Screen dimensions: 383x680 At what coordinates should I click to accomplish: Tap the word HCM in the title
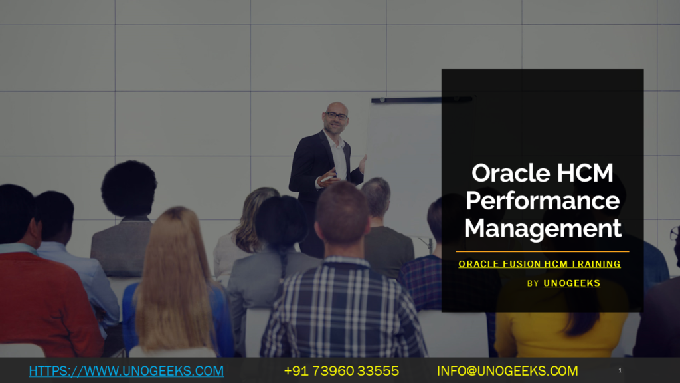(x=584, y=173)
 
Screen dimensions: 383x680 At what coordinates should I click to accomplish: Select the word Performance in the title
(x=543, y=201)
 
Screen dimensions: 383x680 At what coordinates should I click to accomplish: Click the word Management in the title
(x=543, y=228)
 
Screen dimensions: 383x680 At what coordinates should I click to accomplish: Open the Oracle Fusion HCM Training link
(x=539, y=264)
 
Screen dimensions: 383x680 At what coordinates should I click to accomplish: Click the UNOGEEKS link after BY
(x=572, y=283)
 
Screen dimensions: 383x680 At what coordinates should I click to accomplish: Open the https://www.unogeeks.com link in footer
(x=126, y=370)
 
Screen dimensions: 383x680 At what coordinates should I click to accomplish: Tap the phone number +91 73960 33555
(x=341, y=370)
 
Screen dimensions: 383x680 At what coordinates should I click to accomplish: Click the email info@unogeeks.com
(x=507, y=370)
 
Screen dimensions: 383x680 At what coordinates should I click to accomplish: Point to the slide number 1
(x=620, y=370)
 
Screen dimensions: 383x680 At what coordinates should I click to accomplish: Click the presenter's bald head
(x=336, y=108)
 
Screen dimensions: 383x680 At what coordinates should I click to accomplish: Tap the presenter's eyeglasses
(x=337, y=116)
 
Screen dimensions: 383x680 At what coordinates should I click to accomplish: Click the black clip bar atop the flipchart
(x=421, y=100)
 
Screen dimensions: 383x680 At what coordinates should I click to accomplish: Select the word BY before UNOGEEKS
(x=533, y=283)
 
